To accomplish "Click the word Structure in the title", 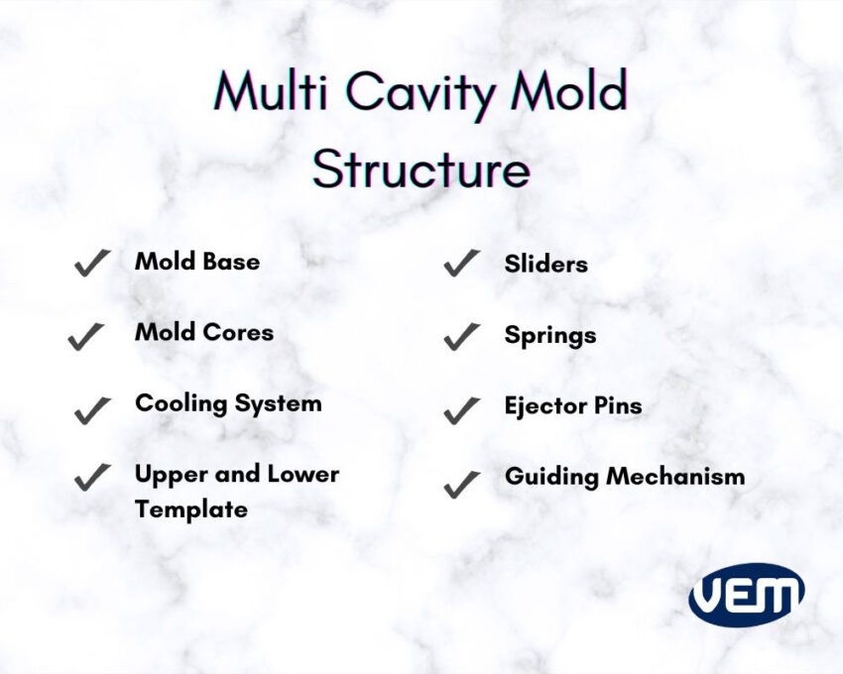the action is point(421,169).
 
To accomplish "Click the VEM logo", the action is point(746,595).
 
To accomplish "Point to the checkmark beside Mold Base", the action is point(92,263).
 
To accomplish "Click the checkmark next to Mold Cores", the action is point(86,336).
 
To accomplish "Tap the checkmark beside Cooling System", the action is point(92,410).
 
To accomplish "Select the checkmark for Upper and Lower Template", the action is point(92,478).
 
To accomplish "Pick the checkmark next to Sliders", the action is point(462,263).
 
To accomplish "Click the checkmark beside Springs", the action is point(462,336).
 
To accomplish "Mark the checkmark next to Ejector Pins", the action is point(462,410).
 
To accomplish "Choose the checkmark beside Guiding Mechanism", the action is point(462,485).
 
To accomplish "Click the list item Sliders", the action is point(545,264).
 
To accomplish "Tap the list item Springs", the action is point(550,336).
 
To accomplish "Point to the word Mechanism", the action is point(675,476).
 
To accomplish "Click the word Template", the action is point(191,510).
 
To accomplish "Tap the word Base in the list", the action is point(231,262).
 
